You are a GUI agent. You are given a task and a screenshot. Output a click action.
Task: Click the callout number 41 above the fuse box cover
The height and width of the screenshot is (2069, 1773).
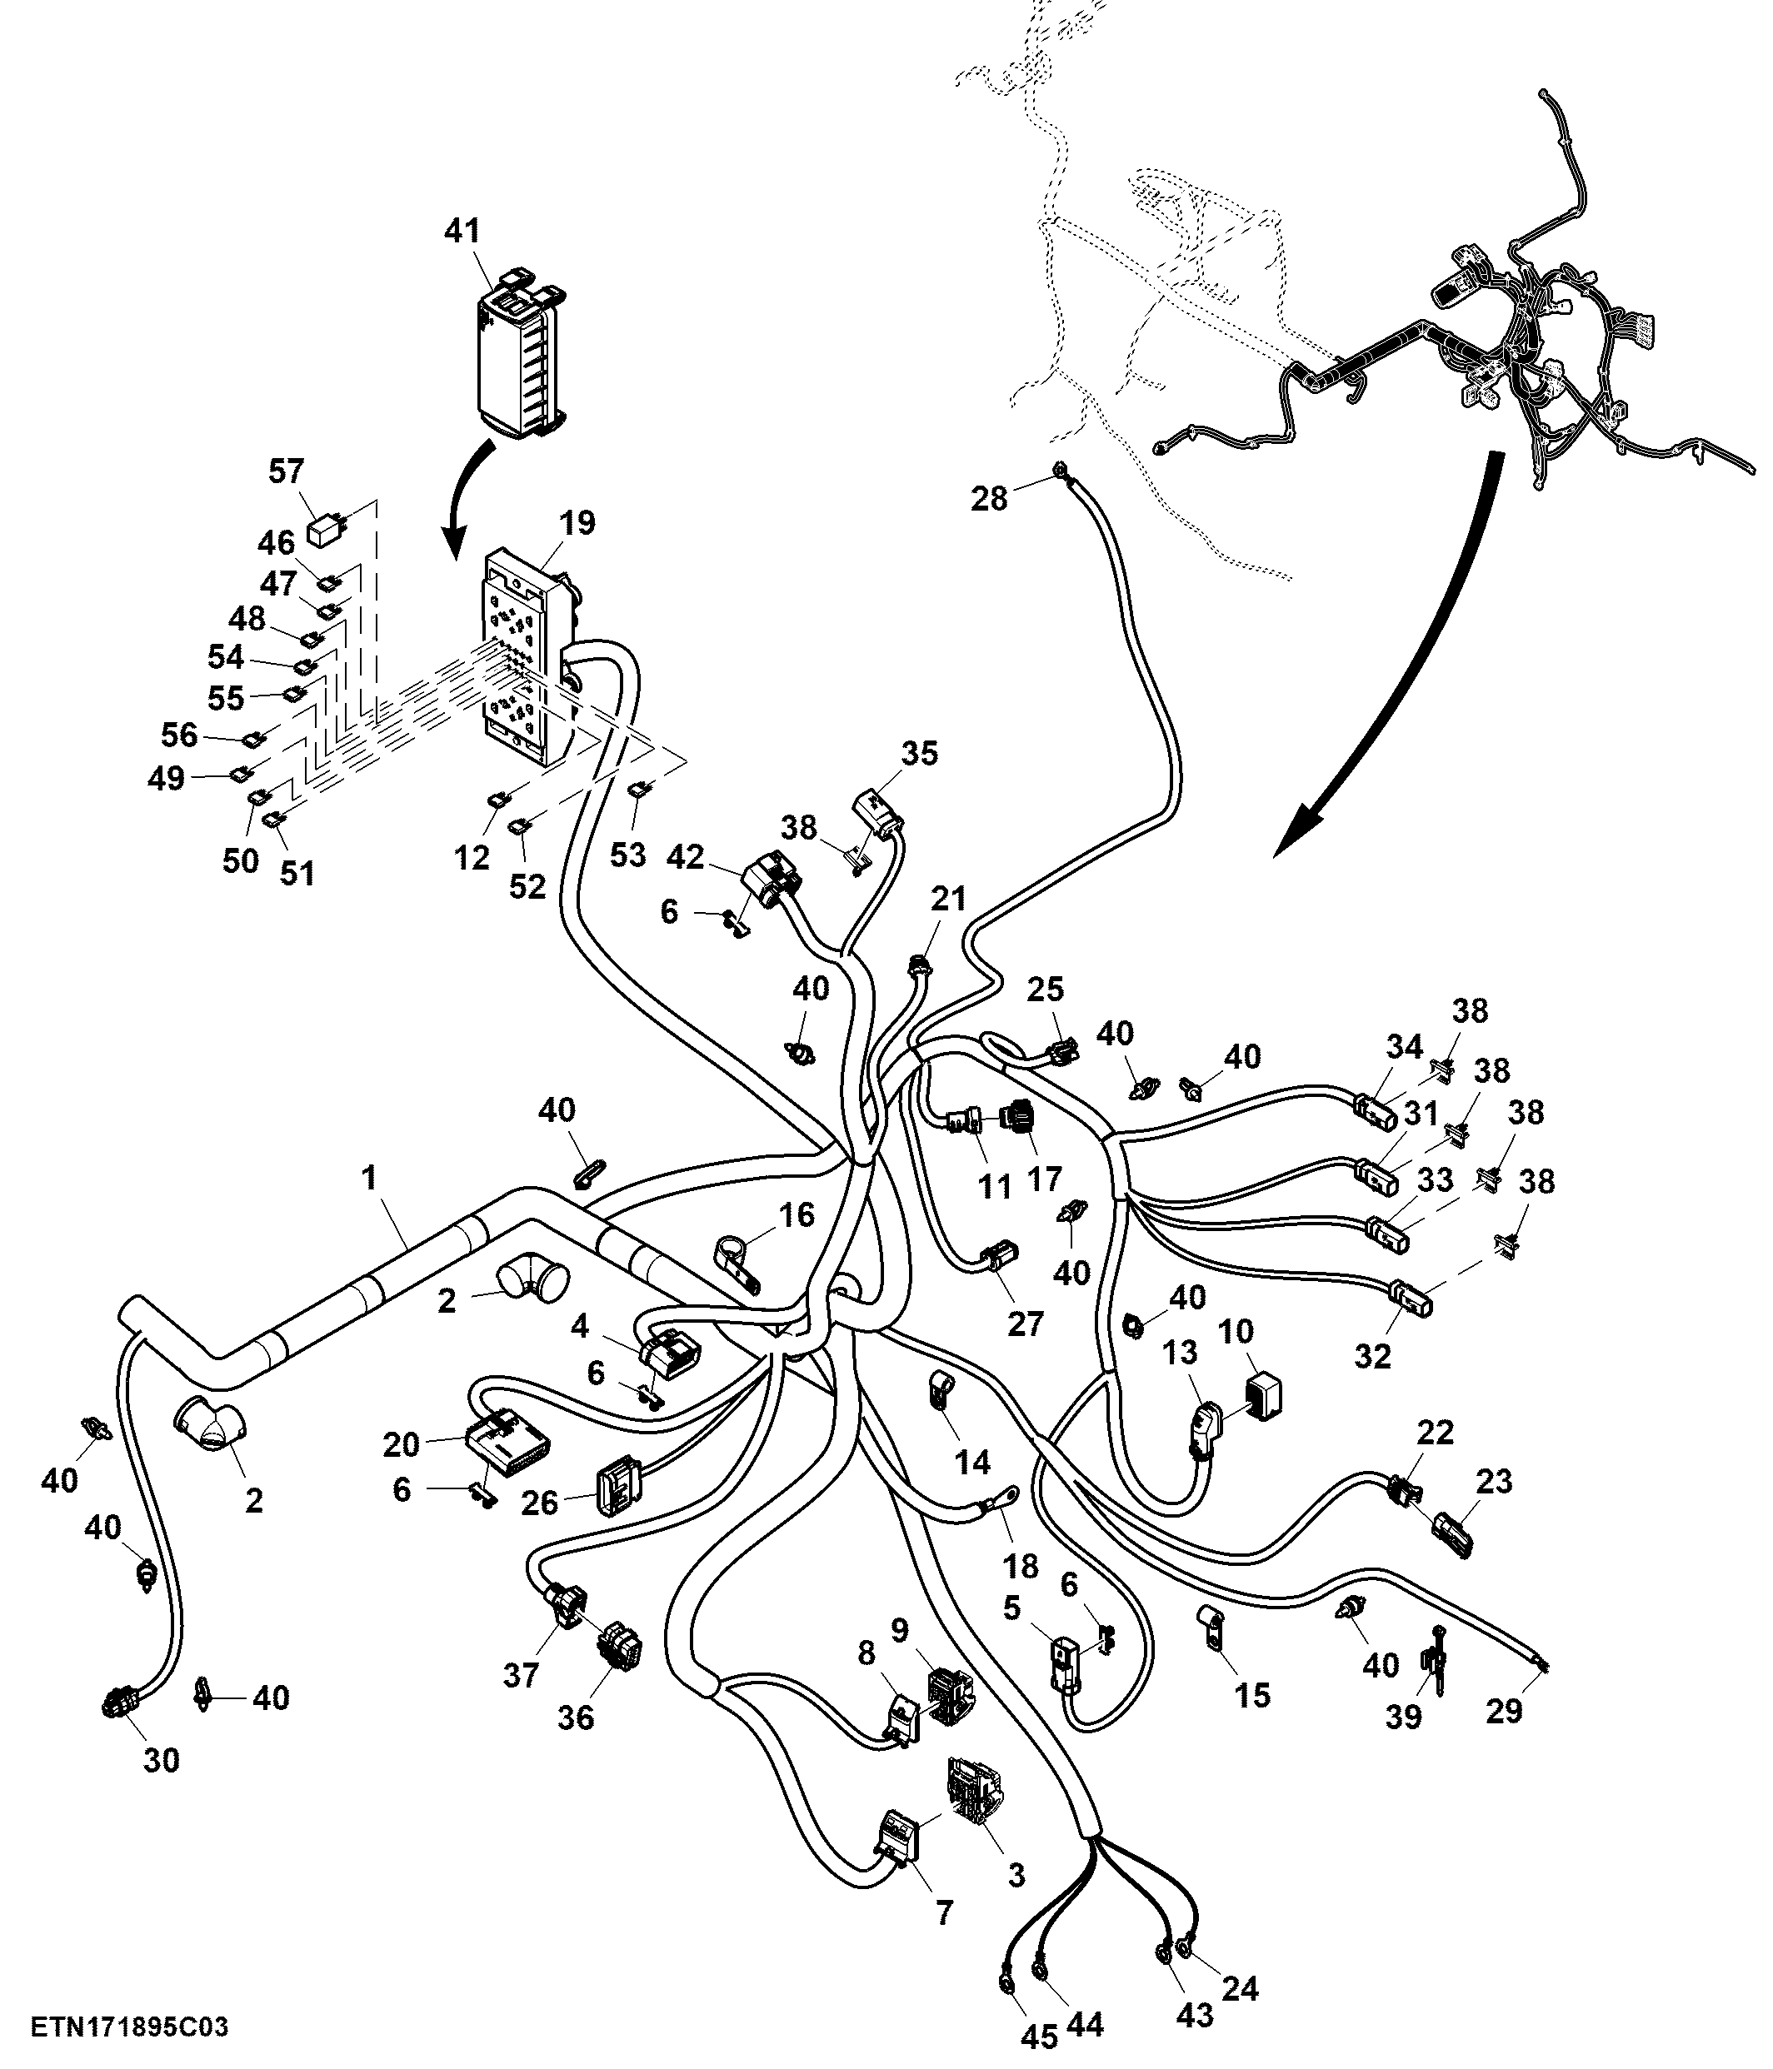coord(462,231)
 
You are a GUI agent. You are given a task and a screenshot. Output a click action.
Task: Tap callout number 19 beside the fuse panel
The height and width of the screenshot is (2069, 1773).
coord(577,522)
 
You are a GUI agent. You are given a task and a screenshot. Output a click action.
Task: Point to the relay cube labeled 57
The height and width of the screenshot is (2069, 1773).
coord(326,528)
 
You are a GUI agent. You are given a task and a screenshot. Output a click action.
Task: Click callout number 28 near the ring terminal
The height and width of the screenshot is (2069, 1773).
coord(990,498)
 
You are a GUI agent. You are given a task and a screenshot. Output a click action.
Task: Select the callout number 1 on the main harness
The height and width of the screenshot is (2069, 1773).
coord(370,1179)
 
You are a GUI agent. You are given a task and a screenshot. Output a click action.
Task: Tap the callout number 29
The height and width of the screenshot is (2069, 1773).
coord(1505,1712)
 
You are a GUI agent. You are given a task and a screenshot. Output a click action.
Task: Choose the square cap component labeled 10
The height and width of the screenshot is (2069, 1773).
coord(1264,1395)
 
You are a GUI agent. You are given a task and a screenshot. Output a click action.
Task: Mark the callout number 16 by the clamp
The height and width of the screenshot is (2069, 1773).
coord(797,1215)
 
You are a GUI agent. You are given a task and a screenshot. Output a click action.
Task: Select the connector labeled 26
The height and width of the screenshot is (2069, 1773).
coord(613,1490)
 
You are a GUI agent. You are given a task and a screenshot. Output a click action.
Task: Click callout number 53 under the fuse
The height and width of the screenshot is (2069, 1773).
coord(627,855)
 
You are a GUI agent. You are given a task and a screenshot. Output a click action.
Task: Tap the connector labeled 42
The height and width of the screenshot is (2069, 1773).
coord(773,879)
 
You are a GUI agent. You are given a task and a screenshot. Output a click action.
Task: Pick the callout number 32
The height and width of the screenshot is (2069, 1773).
coord(1372,1356)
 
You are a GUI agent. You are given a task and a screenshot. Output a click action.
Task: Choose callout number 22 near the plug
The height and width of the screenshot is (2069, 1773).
coord(1436,1432)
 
